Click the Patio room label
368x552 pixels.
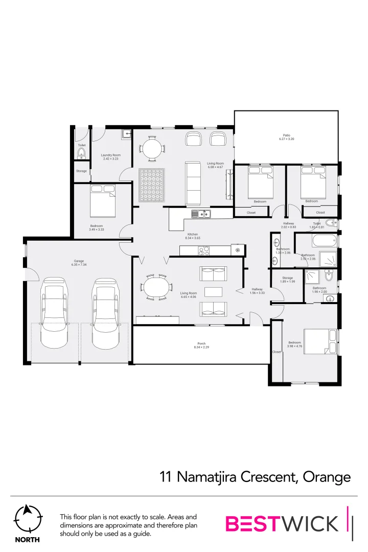coord(286,137)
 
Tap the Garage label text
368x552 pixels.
coord(78,263)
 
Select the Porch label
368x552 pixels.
coord(201,345)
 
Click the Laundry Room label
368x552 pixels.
coord(110,157)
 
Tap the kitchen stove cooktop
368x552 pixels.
coord(204,250)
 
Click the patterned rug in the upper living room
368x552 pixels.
coord(152,185)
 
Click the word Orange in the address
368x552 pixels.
coord(327,477)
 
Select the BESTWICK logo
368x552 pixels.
coord(282,523)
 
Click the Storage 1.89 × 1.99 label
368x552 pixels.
coord(288,280)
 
